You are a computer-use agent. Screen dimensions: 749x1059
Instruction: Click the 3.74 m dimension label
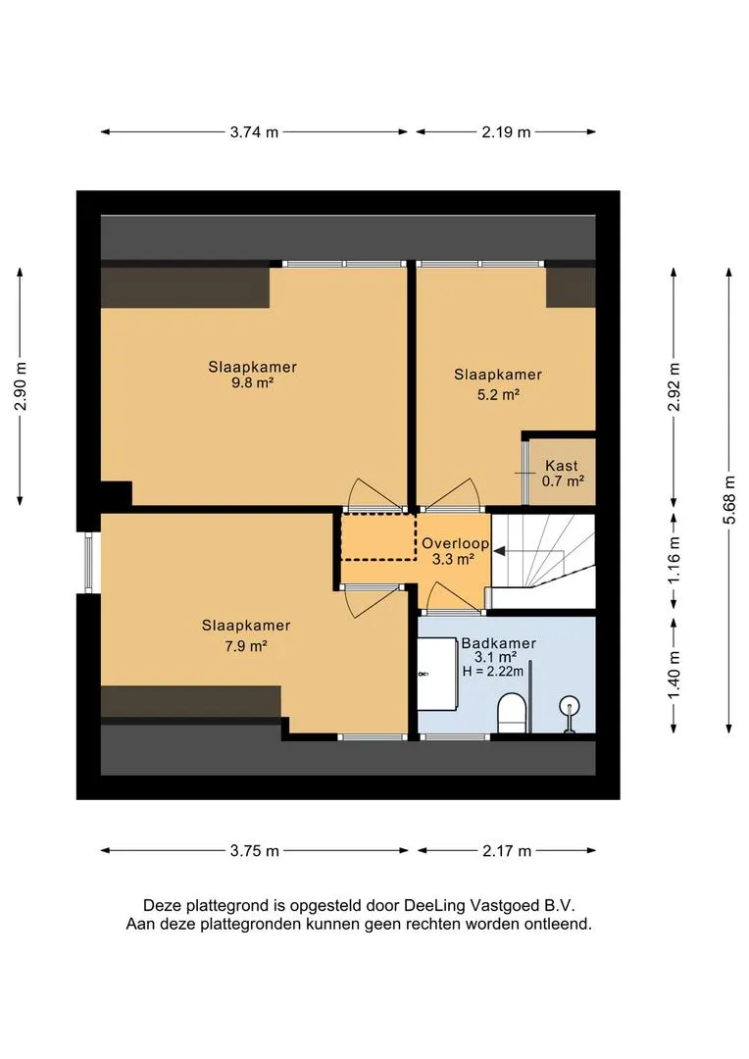point(254,132)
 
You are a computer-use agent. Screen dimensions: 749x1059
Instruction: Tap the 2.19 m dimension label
point(506,132)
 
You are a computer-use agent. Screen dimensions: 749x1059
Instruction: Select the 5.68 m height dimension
point(728,500)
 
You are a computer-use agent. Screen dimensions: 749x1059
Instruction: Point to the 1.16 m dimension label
point(674,561)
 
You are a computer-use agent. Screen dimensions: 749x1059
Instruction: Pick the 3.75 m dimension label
point(255,851)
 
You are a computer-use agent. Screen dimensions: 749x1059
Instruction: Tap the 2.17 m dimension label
point(507,851)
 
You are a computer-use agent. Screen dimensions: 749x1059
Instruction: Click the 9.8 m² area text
point(252,383)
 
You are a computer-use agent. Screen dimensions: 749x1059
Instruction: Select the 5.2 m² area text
point(498,394)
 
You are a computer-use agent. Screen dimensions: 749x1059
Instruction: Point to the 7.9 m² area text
point(246,645)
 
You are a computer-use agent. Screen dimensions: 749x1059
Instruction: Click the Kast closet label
point(561,466)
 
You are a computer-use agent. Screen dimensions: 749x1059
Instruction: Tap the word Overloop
point(455,543)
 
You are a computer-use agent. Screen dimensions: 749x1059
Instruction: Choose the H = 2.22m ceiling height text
point(493,672)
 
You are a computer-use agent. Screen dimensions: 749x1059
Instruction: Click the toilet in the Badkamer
point(512,713)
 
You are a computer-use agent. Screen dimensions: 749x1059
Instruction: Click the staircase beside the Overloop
point(543,561)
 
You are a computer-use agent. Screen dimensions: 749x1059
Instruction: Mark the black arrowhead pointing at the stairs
point(499,551)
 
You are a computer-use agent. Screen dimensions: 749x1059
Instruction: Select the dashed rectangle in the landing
point(378,537)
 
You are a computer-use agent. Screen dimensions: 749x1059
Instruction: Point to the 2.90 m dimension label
point(21,386)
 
